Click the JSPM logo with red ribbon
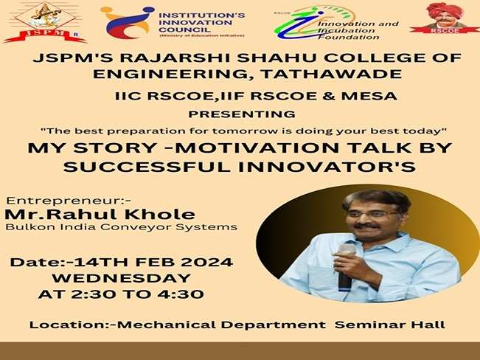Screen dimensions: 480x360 pos(45,22)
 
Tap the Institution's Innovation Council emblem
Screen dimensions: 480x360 pos(128,23)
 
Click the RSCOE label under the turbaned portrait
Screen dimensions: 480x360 pos(445,31)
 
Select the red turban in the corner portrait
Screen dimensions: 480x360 pos(445,10)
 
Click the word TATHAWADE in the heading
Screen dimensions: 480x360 pos(332,75)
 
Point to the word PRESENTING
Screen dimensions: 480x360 pos(242,114)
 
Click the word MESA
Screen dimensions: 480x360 pos(369,96)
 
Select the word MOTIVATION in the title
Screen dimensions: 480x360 pos(259,148)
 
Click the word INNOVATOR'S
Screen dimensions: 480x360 pos(327,167)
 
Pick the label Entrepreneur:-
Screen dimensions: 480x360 pos(69,201)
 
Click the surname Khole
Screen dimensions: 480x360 pos(159,214)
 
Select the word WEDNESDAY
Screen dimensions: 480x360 pos(122,278)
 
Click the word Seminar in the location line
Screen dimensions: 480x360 pos(369,325)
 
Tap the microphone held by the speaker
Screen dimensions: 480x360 pos(345,266)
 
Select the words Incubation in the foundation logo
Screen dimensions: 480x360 pos(347,31)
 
